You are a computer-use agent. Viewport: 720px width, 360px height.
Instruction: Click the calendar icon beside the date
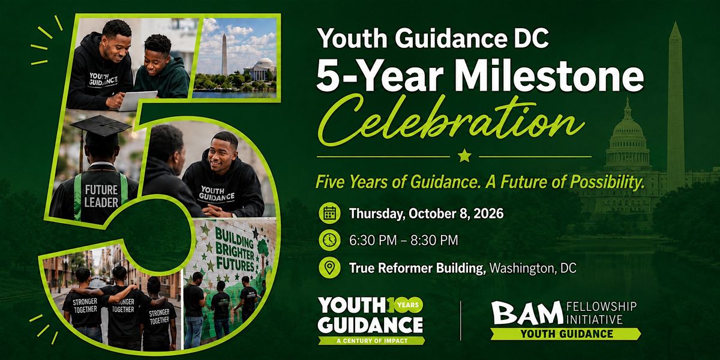click(329, 213)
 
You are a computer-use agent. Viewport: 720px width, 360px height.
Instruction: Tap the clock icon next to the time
click(329, 240)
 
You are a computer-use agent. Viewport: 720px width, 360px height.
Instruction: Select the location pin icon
click(329, 268)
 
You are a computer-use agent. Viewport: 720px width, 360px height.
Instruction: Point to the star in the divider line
click(464, 156)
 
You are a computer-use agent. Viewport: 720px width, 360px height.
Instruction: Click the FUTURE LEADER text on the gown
click(101, 196)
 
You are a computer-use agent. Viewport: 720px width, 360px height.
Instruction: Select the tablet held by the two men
click(138, 100)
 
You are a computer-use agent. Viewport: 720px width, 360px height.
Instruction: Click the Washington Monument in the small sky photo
click(224, 55)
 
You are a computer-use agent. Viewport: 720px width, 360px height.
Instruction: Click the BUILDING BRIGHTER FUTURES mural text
click(235, 250)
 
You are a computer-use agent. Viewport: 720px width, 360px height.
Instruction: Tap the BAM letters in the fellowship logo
click(527, 313)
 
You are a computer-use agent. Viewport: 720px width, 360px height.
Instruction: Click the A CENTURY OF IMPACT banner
click(372, 341)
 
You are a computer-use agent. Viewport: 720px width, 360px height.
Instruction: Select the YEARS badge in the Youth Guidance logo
click(407, 304)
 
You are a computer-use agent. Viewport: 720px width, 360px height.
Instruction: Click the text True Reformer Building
click(417, 268)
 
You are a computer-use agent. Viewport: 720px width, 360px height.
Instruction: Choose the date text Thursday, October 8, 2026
click(427, 214)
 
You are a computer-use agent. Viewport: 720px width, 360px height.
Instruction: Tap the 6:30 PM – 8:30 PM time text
click(404, 241)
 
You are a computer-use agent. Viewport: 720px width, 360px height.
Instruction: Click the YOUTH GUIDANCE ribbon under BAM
click(566, 334)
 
